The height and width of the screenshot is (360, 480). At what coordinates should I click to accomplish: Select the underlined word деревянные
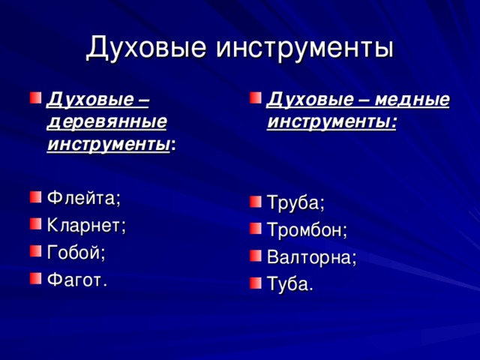point(106,120)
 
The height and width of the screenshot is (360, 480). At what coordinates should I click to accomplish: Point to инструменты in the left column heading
point(107,142)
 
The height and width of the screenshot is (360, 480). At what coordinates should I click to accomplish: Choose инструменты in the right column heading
point(330,121)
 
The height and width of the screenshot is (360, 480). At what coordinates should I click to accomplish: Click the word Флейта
point(82,198)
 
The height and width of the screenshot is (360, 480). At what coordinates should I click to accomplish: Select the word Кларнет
point(86,226)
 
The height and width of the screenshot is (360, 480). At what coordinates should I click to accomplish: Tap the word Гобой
point(75,253)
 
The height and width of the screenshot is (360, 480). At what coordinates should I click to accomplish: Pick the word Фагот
point(76,280)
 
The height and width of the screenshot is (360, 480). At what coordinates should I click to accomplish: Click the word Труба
point(295,203)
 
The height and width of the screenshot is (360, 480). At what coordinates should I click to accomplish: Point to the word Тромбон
point(307,230)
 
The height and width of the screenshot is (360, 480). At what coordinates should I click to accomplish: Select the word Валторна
point(311,257)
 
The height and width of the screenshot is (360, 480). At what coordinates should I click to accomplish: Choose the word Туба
point(290,284)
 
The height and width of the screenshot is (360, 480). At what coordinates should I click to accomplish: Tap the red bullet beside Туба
point(255,283)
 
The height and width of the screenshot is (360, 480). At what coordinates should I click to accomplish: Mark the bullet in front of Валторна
point(255,256)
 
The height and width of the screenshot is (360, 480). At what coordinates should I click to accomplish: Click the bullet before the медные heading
point(255,98)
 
